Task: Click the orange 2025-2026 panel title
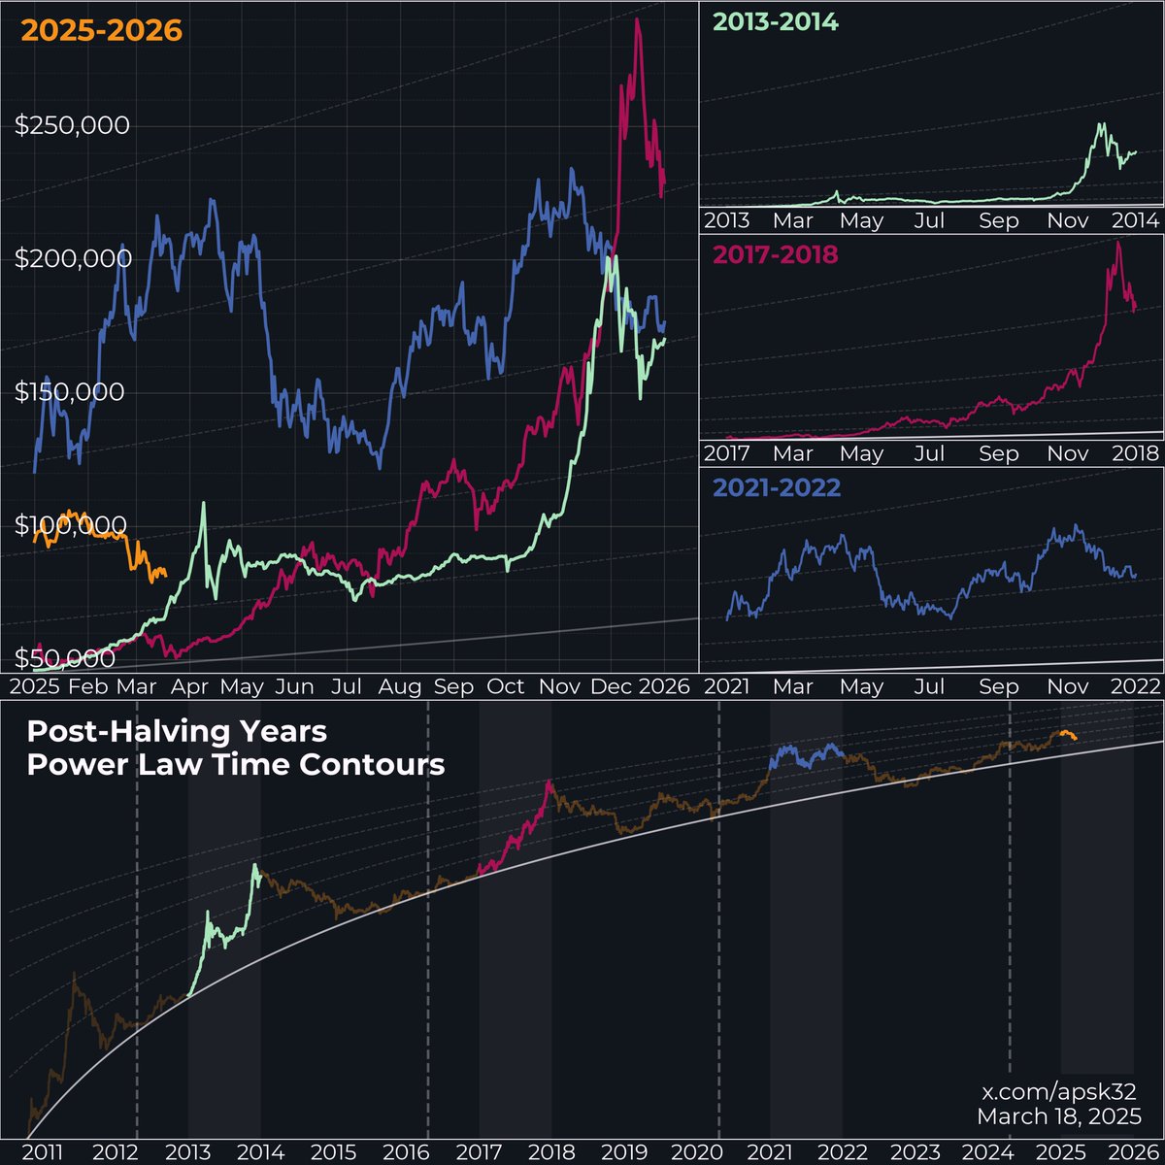click(x=102, y=31)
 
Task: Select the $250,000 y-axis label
click(x=73, y=125)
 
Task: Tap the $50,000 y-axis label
click(x=65, y=658)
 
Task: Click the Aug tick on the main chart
click(x=400, y=687)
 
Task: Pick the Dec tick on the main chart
click(x=612, y=687)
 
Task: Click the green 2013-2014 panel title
click(x=775, y=21)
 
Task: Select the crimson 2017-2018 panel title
click(x=775, y=254)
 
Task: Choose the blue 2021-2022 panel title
click(x=777, y=486)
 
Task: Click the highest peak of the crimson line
click(x=637, y=19)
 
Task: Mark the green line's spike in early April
click(x=203, y=504)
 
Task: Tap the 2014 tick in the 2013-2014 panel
click(x=1136, y=220)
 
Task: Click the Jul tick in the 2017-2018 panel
click(x=929, y=453)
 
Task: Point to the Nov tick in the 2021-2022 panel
click(x=1068, y=686)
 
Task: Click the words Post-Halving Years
click(x=177, y=730)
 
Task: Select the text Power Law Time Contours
click(x=236, y=764)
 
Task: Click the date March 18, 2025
click(x=1059, y=1116)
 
